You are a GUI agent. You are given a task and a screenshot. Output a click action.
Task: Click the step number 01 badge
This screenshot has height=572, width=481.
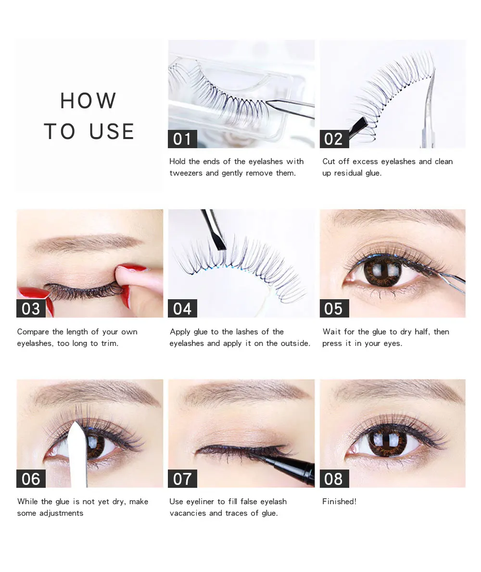(x=182, y=139)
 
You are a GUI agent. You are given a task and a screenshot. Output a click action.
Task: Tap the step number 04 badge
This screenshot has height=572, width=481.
(x=182, y=309)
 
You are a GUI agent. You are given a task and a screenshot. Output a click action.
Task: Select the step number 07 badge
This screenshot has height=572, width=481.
(x=182, y=479)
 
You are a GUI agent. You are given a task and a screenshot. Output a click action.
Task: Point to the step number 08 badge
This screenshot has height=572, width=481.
(x=334, y=479)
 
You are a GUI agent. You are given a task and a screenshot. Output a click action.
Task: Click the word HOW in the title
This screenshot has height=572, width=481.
(x=88, y=101)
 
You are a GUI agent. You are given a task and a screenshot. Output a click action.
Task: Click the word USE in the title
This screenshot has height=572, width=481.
(x=112, y=131)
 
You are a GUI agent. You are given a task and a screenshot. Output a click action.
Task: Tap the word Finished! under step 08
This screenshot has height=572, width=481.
(x=339, y=502)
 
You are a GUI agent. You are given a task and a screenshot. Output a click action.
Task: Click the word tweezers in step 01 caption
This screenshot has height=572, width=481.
(x=186, y=173)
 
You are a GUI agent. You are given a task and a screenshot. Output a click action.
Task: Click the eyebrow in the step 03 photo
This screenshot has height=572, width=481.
(x=88, y=242)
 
